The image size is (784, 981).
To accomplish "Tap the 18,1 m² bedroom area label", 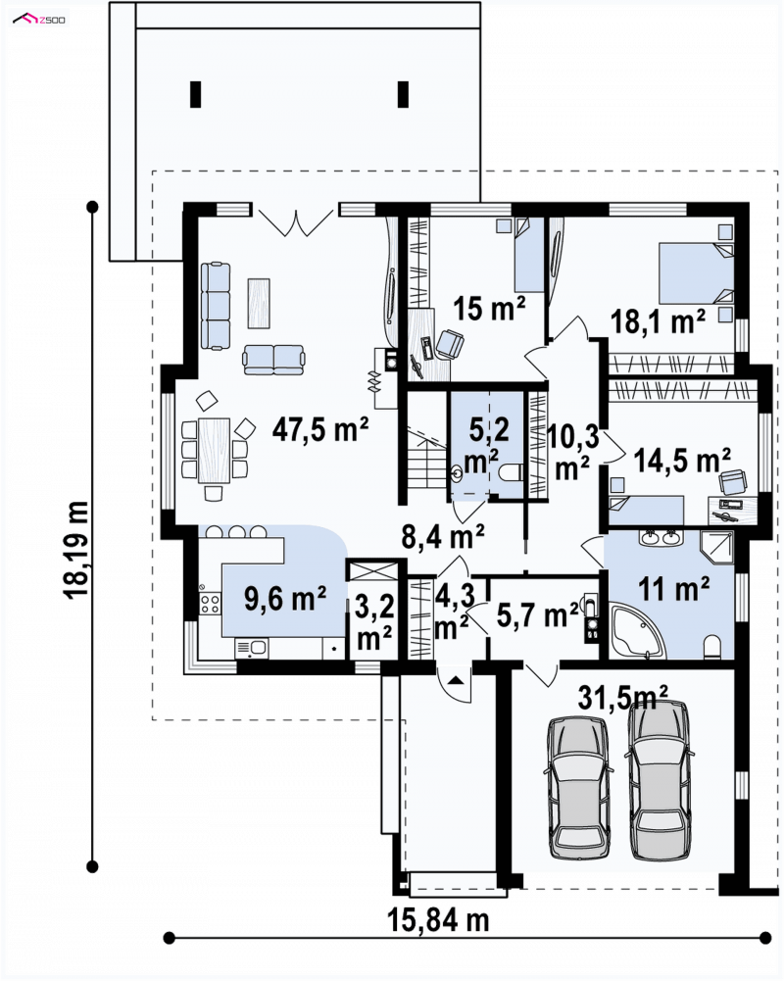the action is point(658,321).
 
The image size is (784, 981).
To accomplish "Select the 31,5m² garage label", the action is point(622,697).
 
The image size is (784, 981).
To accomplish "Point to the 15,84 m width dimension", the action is point(438,920).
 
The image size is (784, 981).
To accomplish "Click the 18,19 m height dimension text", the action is point(77,551).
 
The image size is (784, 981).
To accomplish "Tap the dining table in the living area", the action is point(214,450).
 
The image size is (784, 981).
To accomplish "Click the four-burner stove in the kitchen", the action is point(210,603).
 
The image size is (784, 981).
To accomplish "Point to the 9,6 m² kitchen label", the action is point(285,599).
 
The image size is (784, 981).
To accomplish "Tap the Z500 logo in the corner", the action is point(39,20).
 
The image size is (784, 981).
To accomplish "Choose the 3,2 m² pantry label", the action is point(374,622).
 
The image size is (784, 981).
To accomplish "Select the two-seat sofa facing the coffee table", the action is point(274,359).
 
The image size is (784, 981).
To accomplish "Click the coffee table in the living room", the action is point(259,303).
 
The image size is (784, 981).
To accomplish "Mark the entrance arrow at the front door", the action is point(455,680).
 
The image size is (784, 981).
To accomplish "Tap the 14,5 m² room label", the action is point(682,460).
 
